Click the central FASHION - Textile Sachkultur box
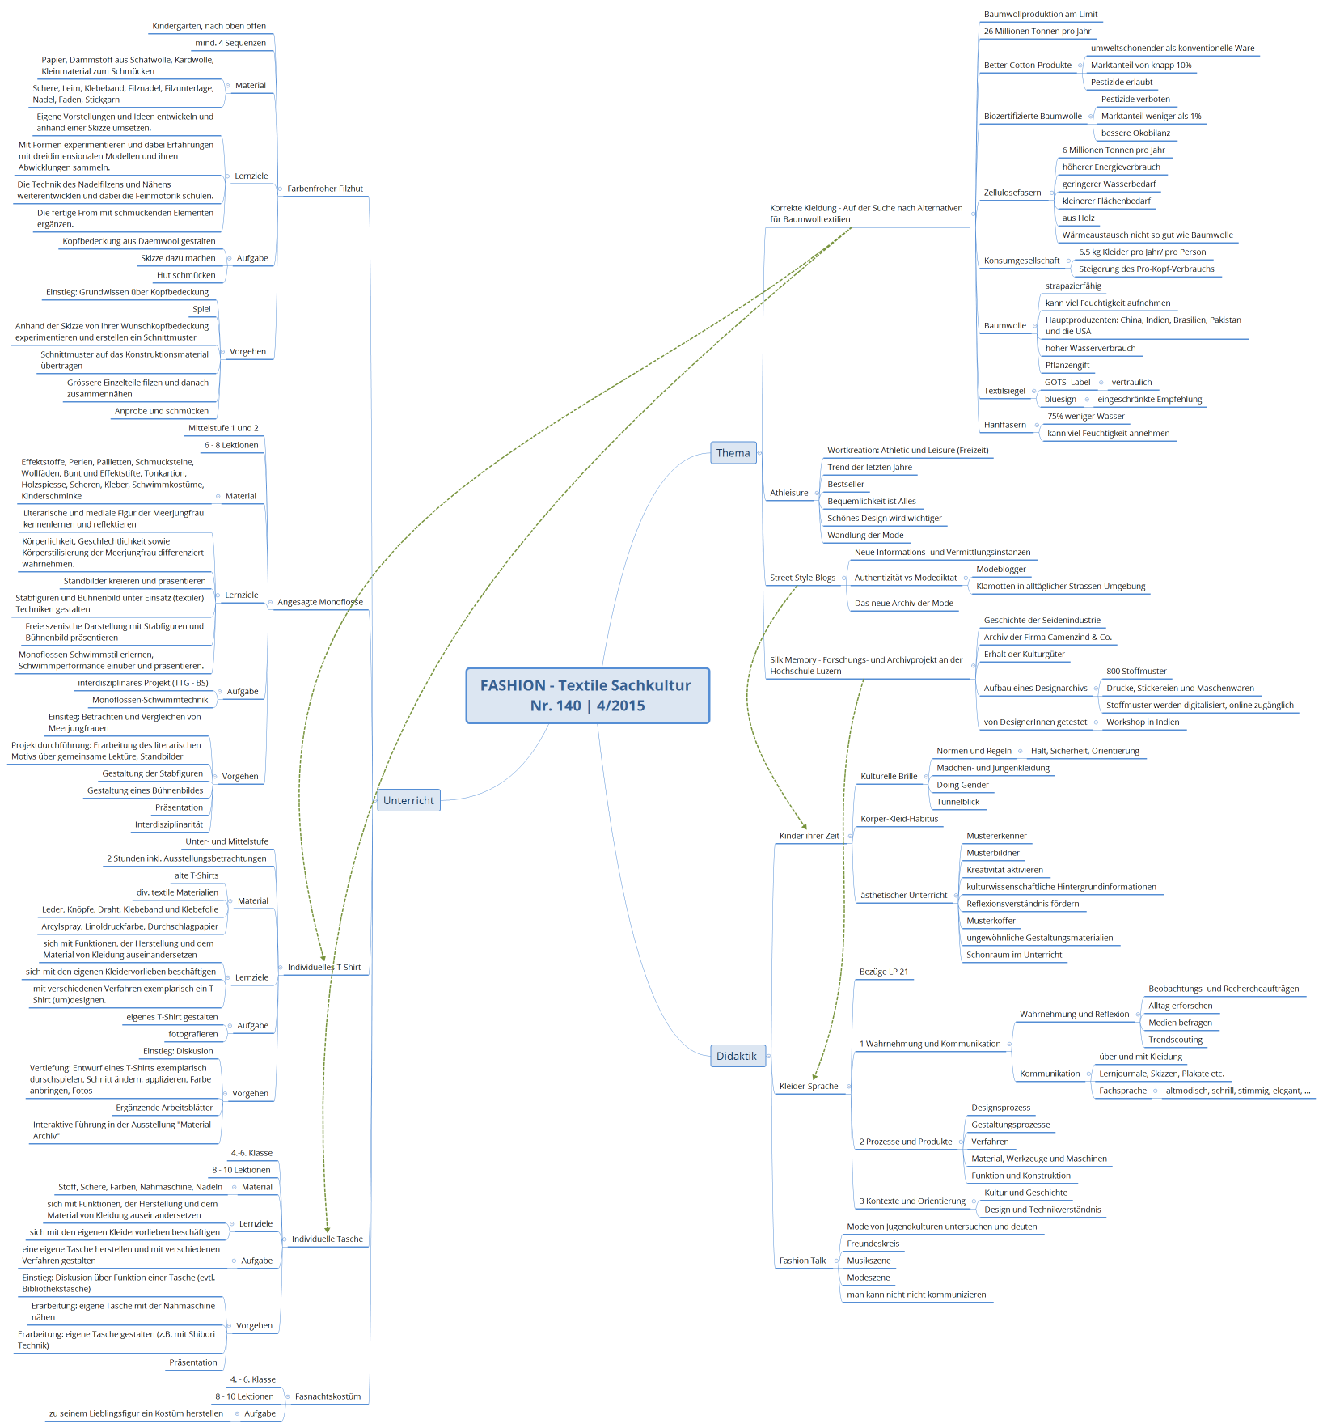[588, 695]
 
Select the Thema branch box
[733, 453]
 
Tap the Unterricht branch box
[408, 800]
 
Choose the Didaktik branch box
[737, 1056]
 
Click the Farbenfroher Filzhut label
[325, 189]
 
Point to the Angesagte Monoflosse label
[320, 602]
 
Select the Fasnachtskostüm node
[328, 1396]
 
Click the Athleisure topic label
[788, 493]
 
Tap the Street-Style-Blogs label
[802, 578]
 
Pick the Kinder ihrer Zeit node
[809, 836]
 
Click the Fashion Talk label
[802, 1261]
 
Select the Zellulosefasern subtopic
[1012, 193]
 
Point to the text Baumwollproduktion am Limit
[1041, 15]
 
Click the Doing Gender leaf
[962, 785]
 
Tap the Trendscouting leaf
[1175, 1040]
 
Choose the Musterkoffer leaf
[991, 921]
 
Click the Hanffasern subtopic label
[1004, 425]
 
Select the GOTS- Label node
[1067, 383]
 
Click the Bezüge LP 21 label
[884, 972]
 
